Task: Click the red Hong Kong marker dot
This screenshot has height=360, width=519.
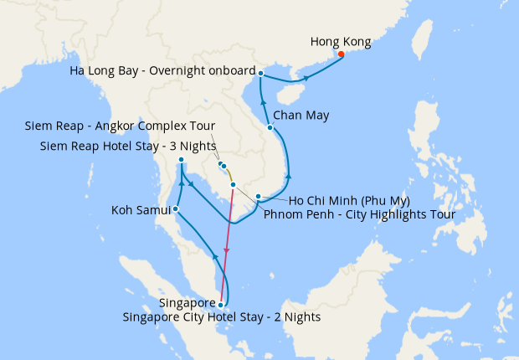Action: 341,55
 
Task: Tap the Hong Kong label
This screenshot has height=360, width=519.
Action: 341,41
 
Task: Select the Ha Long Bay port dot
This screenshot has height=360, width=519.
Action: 261,74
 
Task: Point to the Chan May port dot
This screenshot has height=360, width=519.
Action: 270,127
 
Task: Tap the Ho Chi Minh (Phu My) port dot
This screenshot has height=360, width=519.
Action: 259,197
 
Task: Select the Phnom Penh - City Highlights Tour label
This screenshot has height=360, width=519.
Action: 359,215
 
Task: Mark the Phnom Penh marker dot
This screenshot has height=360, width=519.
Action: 233,184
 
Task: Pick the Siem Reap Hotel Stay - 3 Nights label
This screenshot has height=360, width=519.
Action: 127,147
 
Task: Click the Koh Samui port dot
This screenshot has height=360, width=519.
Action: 175,208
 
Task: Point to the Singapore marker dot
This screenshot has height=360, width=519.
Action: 220,305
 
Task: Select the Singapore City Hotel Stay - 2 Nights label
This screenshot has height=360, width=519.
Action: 221,317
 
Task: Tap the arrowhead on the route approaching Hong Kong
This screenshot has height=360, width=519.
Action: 306,79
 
